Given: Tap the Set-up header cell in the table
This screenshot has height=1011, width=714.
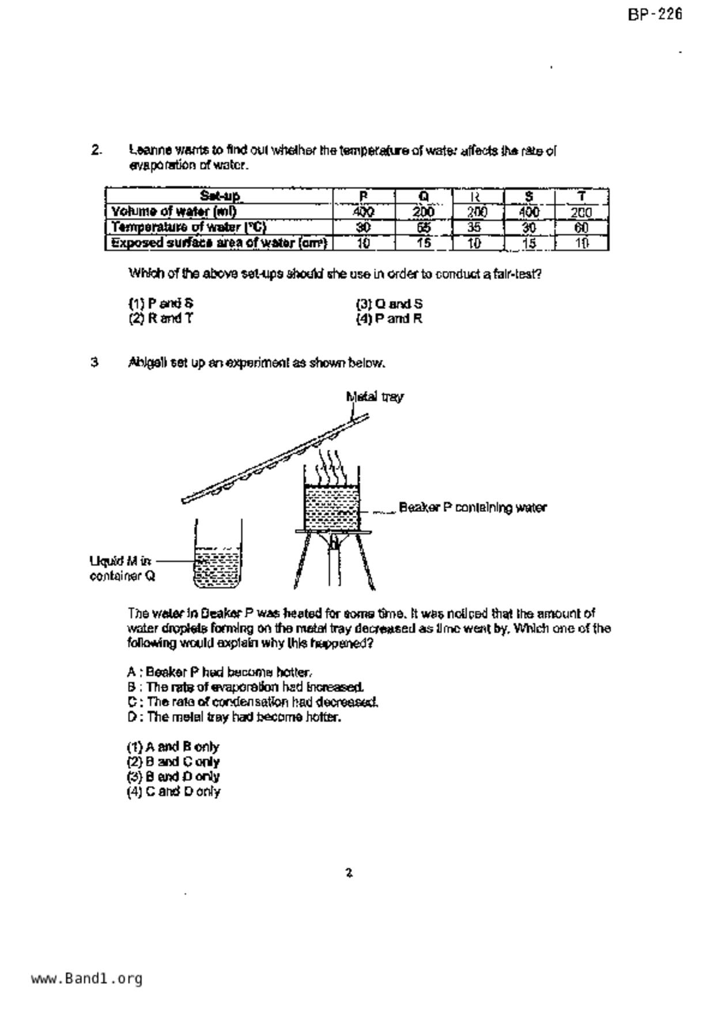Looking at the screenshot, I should coord(220,196).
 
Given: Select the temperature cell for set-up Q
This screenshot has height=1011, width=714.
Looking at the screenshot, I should coord(424,227).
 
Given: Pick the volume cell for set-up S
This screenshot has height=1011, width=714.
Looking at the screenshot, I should coord(528,212).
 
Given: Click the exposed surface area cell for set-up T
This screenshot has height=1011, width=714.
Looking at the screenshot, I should coord(581,243).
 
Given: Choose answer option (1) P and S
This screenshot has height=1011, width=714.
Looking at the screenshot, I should coord(161,303).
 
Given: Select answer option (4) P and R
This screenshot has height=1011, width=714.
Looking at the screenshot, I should coord(389,319).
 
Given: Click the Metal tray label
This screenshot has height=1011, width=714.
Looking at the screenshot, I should coord(375,397).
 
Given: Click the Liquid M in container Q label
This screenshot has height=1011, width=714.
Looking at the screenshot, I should coord(122,568).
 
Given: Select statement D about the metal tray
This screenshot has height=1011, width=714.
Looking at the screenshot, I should coord(234,717).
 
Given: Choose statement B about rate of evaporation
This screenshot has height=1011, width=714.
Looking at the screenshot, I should coord(245,687).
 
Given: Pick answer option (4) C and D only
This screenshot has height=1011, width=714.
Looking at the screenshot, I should coord(173,791).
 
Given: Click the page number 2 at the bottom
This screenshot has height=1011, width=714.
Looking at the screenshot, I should coord(349,873).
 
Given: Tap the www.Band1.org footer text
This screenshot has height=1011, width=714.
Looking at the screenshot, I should coord(86,979).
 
